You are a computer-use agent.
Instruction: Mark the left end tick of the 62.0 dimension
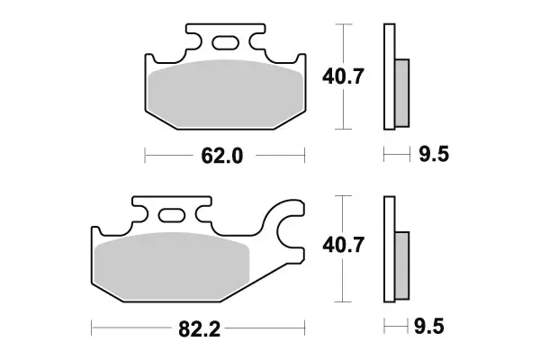[146, 157]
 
